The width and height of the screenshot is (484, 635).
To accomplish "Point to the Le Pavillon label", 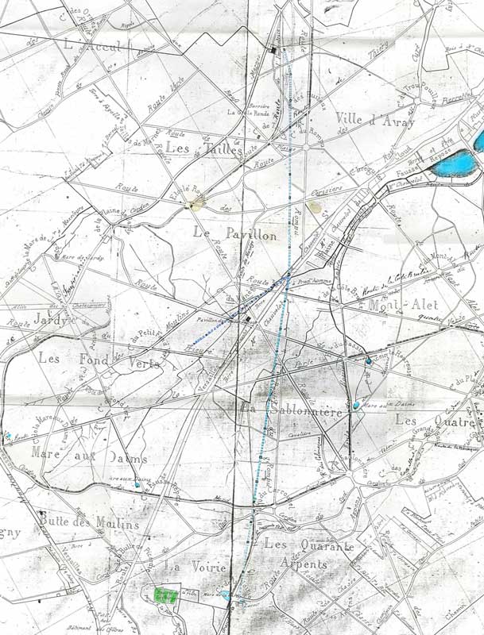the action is (x=235, y=234).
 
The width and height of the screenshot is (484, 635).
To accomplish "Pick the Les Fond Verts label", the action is (x=99, y=362).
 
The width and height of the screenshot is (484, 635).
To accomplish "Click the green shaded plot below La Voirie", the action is (x=165, y=595).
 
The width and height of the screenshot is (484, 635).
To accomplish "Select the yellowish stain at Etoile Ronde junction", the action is (x=192, y=204).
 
